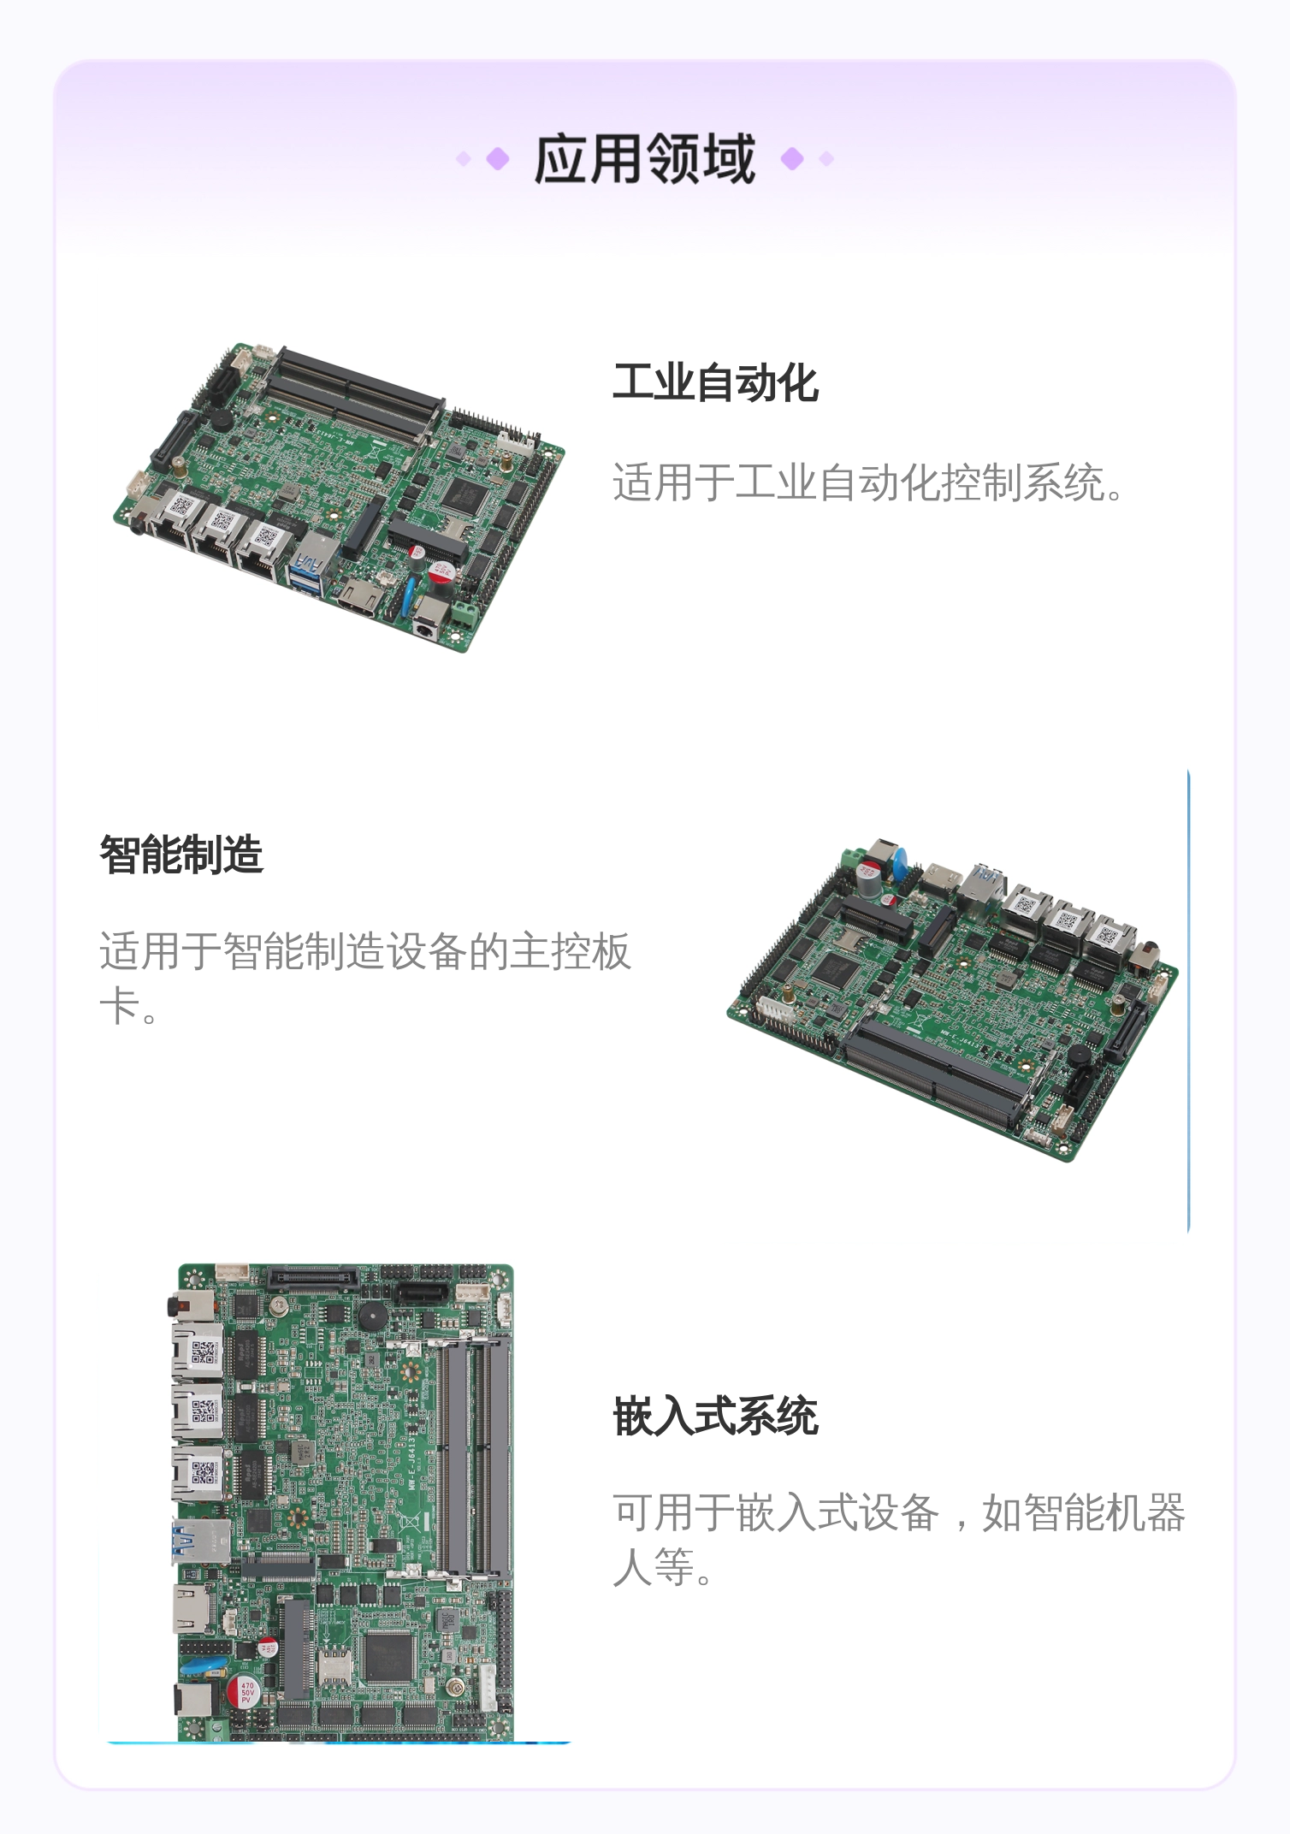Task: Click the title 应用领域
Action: coord(644,159)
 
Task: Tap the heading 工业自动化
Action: coord(715,382)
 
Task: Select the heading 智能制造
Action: coord(181,855)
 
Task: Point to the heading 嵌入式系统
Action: coord(715,1416)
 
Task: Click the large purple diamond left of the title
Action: coord(498,159)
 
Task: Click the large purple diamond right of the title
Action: coord(792,159)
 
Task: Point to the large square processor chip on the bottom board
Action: coord(391,1658)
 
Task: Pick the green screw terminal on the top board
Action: coord(465,613)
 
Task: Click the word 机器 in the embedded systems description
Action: coord(1145,1512)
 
